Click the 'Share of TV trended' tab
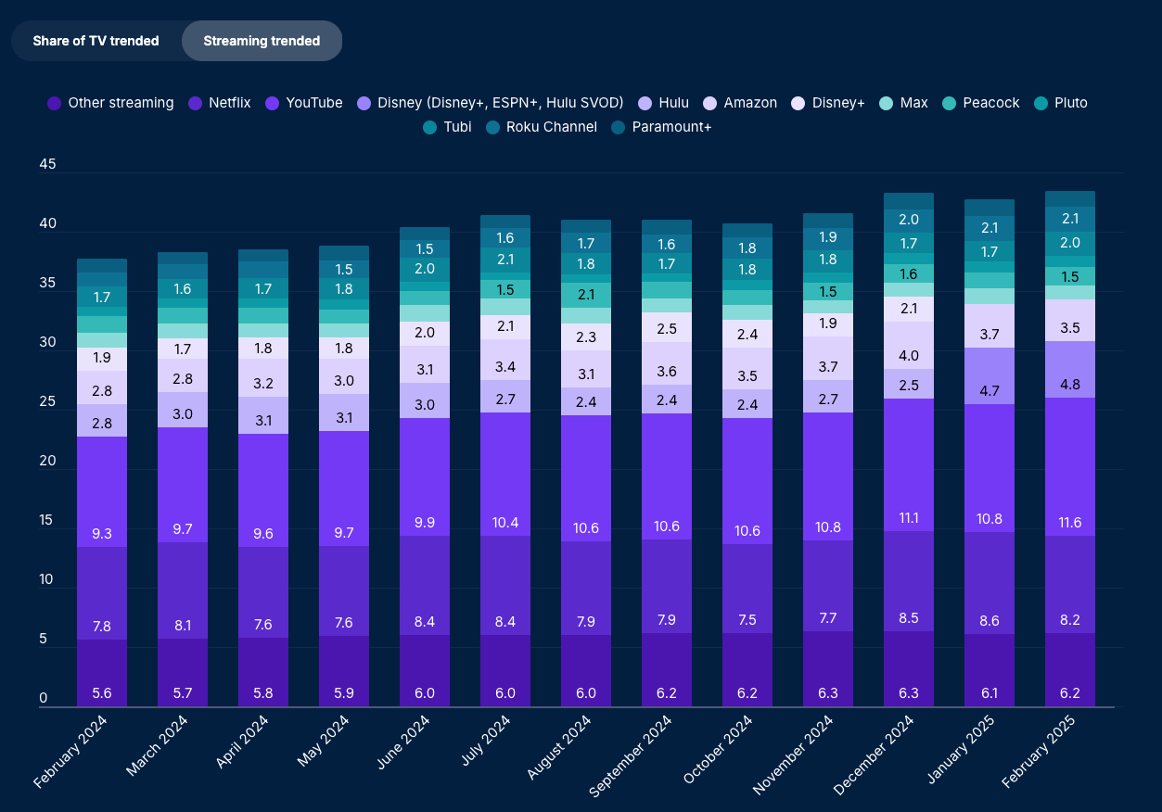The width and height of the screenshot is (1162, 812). point(96,41)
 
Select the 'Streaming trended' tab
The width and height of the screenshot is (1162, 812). point(262,41)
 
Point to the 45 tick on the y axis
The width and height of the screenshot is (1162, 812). point(48,165)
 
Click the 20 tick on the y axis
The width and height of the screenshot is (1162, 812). point(48,461)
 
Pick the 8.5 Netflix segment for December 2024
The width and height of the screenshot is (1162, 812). point(909,581)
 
